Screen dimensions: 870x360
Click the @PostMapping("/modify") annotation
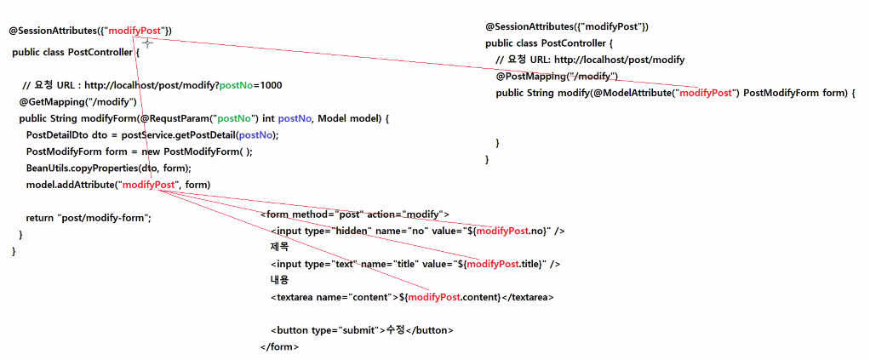(x=557, y=77)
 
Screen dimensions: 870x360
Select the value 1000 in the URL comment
(x=272, y=85)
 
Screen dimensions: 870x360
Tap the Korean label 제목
(x=279, y=247)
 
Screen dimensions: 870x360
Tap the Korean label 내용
(x=279, y=280)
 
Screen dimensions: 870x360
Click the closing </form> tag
(x=279, y=347)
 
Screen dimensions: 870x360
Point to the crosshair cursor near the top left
(x=147, y=43)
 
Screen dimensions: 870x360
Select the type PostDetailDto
(x=58, y=134)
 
